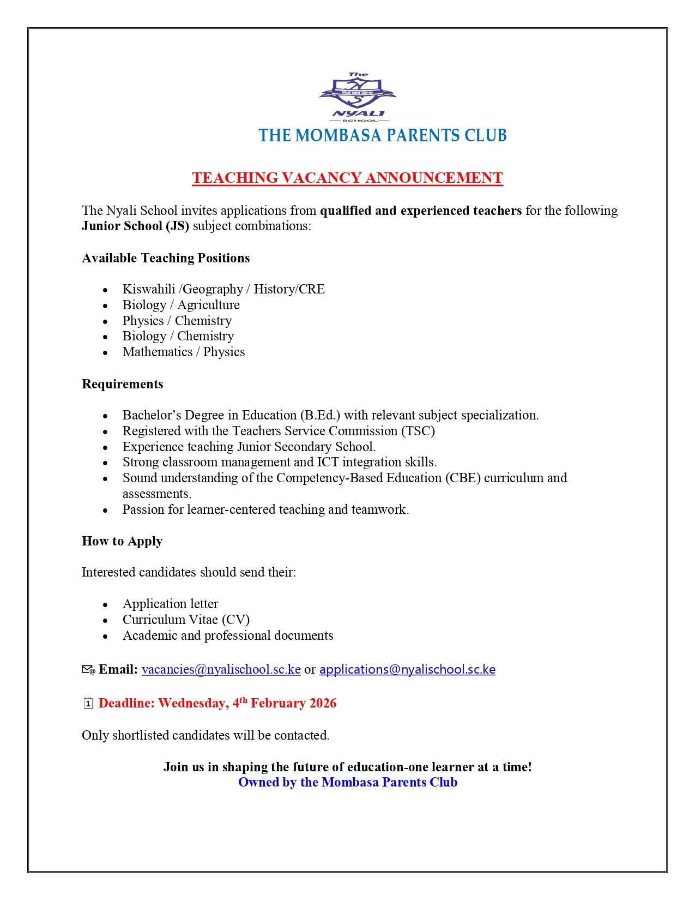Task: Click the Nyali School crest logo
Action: [x=358, y=97]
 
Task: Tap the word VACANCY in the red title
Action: [x=321, y=178]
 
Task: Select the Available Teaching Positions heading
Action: [x=166, y=258]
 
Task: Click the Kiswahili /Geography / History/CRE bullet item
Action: [x=223, y=289]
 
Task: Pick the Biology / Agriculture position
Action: [x=181, y=305]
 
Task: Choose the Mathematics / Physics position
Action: [x=184, y=352]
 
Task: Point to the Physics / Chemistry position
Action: [x=177, y=321]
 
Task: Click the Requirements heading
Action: [x=123, y=384]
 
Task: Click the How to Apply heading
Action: [x=122, y=541]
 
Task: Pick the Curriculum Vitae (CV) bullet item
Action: [x=186, y=620]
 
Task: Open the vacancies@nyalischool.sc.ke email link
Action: [x=221, y=669]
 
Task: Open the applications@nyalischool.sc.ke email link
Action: [x=407, y=669]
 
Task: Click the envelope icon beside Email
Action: [x=88, y=670]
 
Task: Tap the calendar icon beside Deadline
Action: [x=88, y=704]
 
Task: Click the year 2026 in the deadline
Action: [x=323, y=703]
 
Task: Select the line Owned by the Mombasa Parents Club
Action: [x=348, y=782]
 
